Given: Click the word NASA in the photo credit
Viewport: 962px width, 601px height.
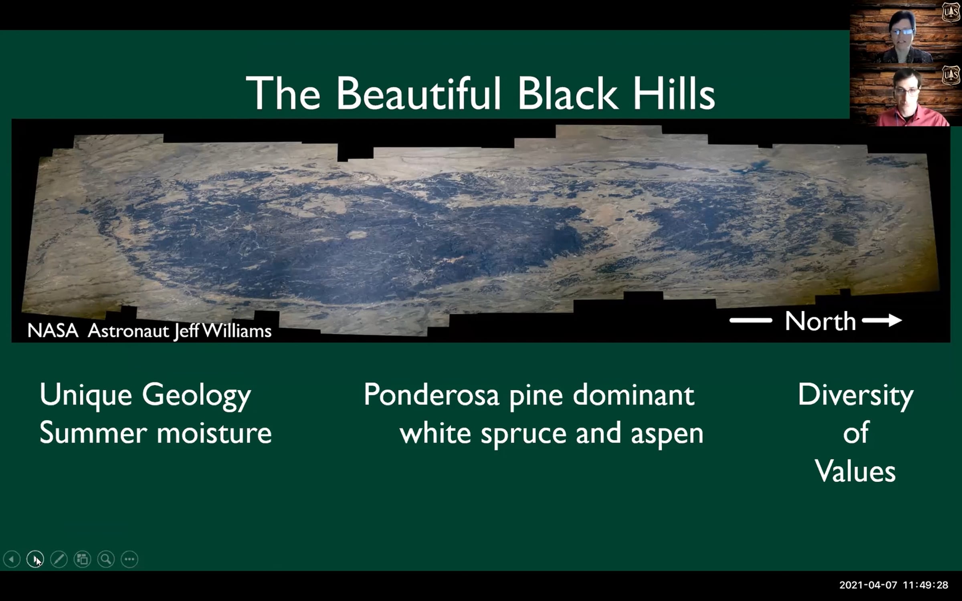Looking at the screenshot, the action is tap(53, 331).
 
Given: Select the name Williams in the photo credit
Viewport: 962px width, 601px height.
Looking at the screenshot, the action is tap(236, 331).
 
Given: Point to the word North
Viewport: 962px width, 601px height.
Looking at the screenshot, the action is tap(820, 321).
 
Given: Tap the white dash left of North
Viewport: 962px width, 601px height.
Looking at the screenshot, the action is tap(751, 320).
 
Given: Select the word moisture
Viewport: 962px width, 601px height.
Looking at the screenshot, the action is tap(214, 434).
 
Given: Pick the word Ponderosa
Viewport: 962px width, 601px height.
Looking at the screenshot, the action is tap(431, 395).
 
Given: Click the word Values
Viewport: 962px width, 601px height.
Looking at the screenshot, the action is tap(855, 471).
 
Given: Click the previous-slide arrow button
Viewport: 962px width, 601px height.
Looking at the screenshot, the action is tap(12, 559).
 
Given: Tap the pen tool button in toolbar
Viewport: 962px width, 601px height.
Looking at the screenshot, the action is tap(59, 559).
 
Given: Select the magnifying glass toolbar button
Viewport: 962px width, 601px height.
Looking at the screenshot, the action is tap(106, 559).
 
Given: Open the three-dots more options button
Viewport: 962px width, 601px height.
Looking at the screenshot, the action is tap(129, 559).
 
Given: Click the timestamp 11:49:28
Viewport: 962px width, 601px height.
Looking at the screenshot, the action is tap(926, 585).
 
